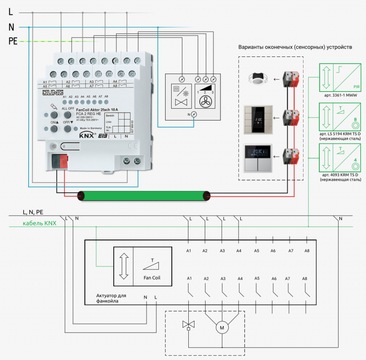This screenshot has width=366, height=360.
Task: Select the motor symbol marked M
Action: click(222, 328)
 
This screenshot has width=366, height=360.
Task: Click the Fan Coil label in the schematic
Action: click(152, 278)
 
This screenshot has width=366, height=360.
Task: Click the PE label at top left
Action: click(13, 42)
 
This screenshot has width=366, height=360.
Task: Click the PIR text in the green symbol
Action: click(356, 87)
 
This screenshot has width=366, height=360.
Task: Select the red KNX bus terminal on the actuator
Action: click(64, 161)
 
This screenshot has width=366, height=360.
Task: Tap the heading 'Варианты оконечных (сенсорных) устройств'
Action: click(295, 47)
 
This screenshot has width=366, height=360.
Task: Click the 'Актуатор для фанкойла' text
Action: click(111, 298)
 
